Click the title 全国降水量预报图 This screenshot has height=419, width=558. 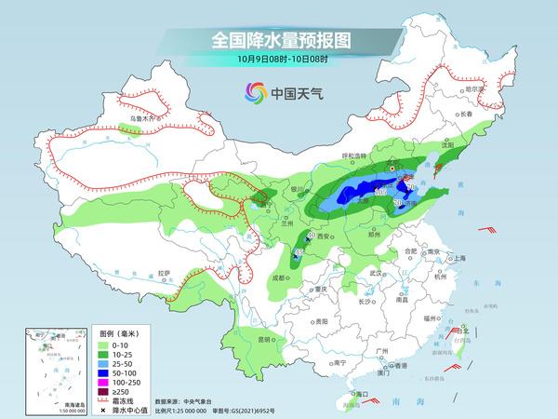click(278, 39)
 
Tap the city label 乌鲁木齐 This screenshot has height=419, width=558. click(142, 119)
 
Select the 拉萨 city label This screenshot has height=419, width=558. click(164, 273)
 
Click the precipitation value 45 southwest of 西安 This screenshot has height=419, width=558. click(298, 252)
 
